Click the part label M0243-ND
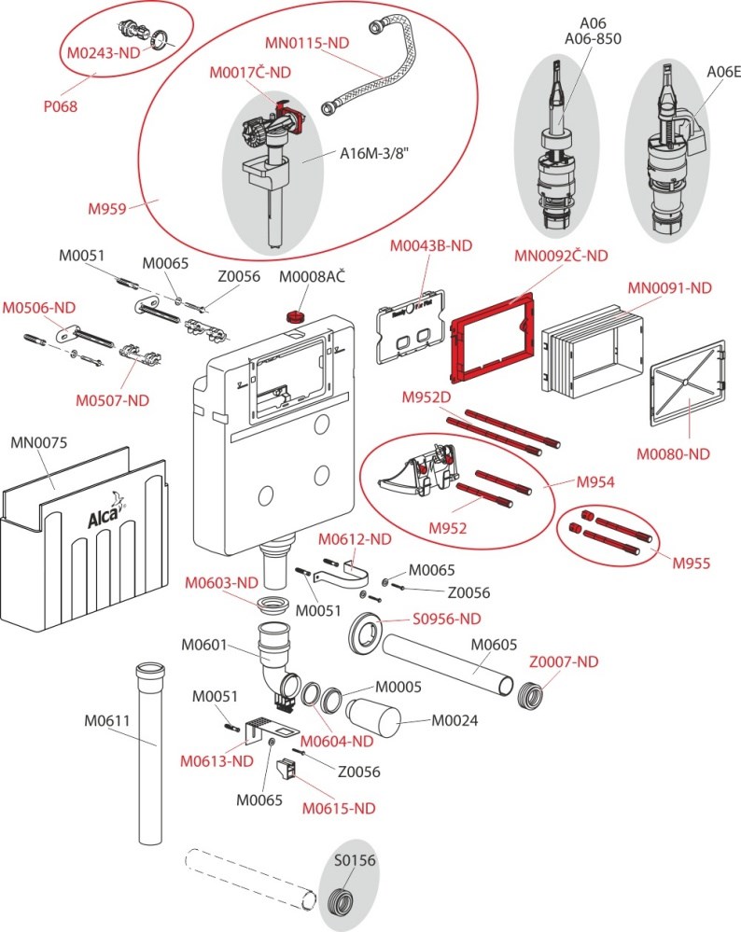click(103, 53)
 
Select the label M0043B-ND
click(431, 245)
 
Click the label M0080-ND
click(673, 454)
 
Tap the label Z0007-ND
click(564, 661)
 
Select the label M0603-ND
click(221, 582)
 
